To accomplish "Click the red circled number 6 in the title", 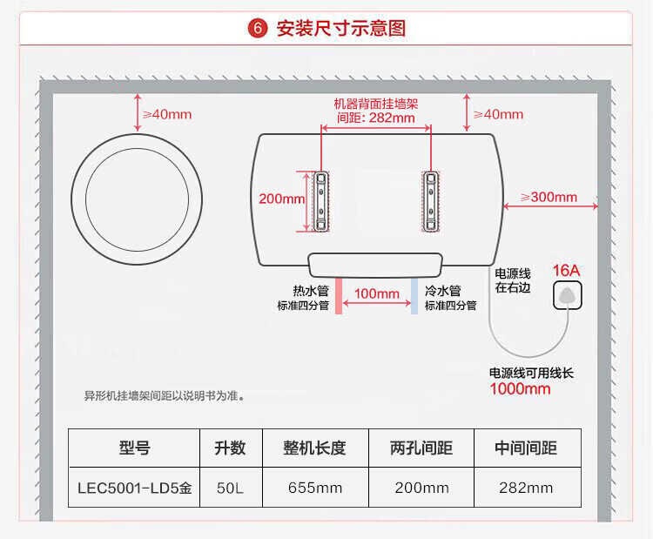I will tap(258, 28).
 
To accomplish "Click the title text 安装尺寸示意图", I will tap(340, 28).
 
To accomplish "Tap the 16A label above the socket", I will tap(566, 270).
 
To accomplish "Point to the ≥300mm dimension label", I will tap(549, 197).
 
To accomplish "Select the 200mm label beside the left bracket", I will tap(281, 199).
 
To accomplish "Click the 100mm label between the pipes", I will tap(376, 293).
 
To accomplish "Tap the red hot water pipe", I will tap(337, 295).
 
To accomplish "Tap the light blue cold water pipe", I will tap(415, 295).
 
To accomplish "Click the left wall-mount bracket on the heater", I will tap(321, 201).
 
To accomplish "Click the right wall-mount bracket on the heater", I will tap(430, 201).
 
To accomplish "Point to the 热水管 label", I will tap(310, 291).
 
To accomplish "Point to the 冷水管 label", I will tap(442, 291).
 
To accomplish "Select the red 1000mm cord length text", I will tap(520, 388).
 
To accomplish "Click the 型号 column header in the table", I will tap(134, 448).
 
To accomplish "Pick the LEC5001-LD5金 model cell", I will tap(134, 488).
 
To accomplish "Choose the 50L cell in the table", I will tap(230, 488).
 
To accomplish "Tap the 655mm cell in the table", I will tap(314, 488).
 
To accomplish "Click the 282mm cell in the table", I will tap(525, 488).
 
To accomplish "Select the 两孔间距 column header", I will tap(421, 448).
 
